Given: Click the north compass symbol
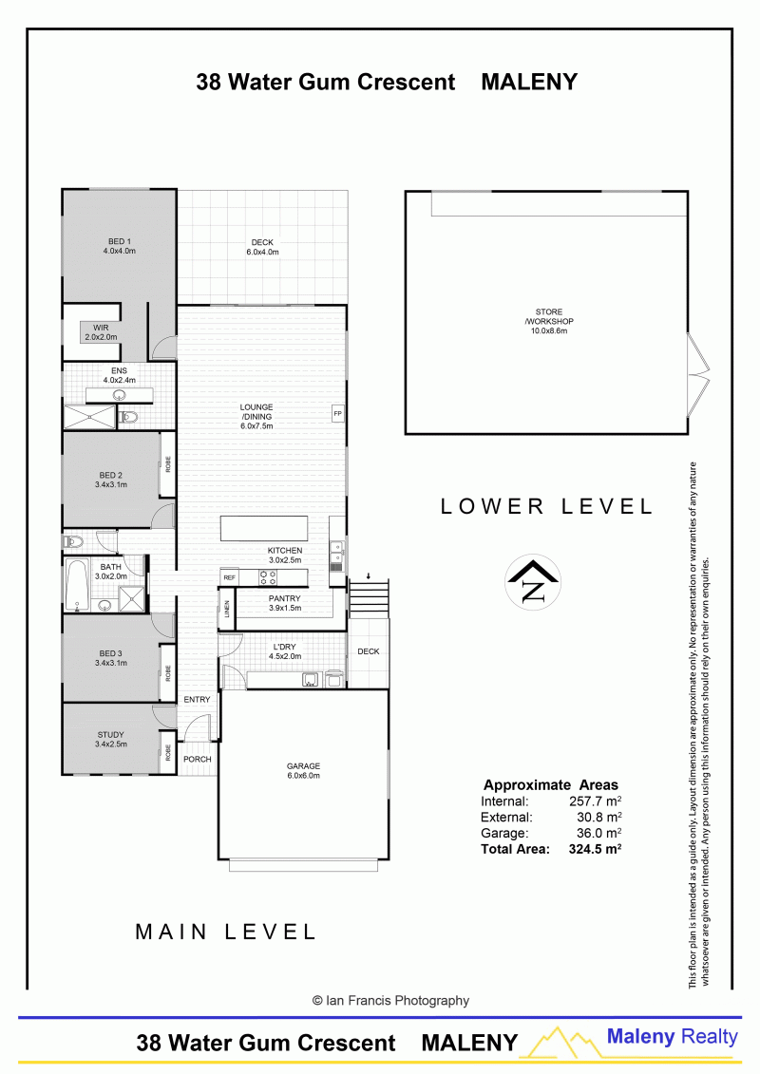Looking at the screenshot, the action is click(533, 582).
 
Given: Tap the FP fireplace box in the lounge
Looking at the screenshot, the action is click(337, 414).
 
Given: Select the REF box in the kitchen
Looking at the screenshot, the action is click(230, 577).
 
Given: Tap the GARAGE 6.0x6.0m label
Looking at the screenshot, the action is click(304, 770).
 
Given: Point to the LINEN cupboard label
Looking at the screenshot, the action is click(227, 609).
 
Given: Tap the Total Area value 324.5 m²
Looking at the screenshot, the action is click(595, 849).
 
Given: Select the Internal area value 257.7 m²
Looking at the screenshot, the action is click(595, 801).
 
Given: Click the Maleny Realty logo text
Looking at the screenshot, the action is click(672, 1037).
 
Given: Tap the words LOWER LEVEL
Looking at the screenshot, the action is click(546, 506).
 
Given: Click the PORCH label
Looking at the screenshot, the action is click(198, 759).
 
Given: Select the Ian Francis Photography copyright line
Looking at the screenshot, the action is click(390, 1001).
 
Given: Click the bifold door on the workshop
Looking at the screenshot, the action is click(698, 373).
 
